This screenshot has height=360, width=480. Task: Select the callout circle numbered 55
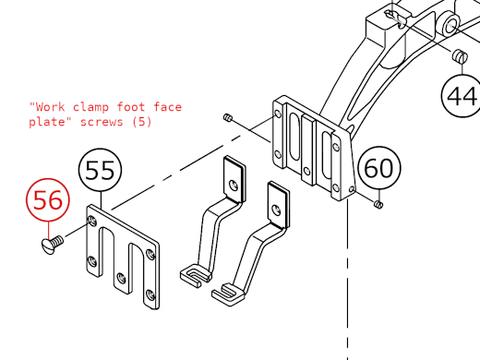pos(102,171)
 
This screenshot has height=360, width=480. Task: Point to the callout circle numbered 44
pos(461,94)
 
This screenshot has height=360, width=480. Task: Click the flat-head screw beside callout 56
pos(50,245)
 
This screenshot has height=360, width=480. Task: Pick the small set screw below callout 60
pos(378,203)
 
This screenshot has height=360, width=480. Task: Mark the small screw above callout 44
pos(460,59)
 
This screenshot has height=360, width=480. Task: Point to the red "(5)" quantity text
pos(140,122)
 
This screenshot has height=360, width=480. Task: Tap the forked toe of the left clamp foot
pos(191,274)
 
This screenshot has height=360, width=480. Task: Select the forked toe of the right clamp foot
pos(226,294)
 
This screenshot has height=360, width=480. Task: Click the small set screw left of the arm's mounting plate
pos(230,118)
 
